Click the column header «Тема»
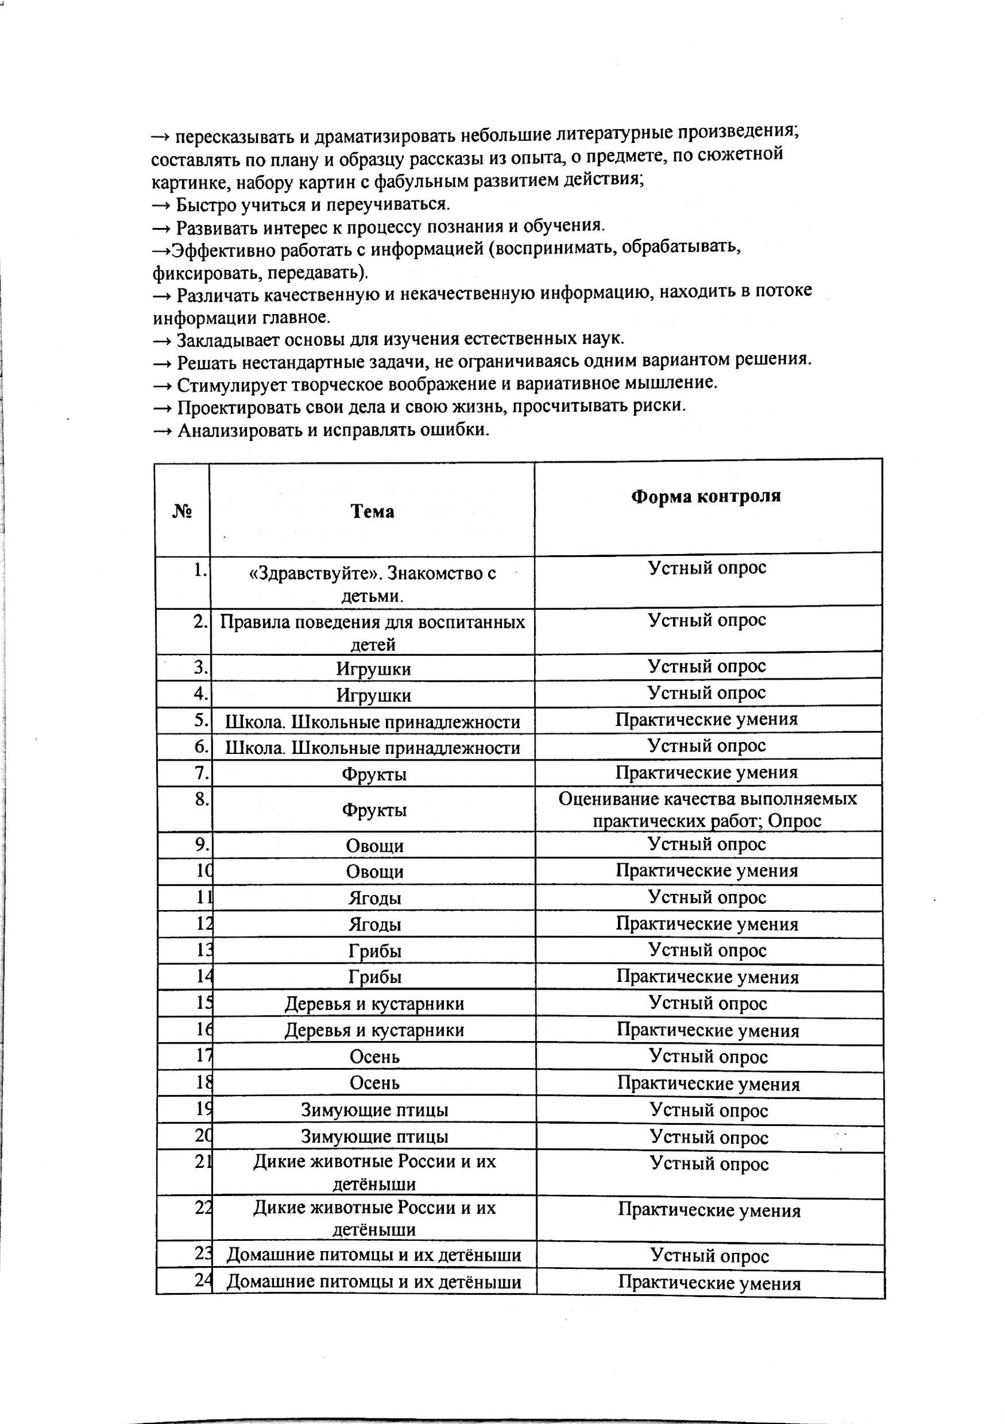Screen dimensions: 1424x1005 (372, 512)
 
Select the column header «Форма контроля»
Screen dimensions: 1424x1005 (706, 497)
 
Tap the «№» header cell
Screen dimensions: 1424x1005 (182, 512)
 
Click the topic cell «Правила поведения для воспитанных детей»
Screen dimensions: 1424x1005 (373, 632)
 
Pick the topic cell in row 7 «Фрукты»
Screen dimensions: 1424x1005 (374, 774)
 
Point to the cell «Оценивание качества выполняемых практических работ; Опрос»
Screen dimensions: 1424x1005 (708, 810)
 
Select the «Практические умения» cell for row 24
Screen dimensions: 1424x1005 (709, 1283)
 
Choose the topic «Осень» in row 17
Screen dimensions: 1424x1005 (374, 1057)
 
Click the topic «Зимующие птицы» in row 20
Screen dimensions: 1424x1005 (374, 1137)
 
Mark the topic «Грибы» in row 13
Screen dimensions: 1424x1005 (374, 951)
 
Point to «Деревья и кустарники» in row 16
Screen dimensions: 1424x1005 (374, 1030)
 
